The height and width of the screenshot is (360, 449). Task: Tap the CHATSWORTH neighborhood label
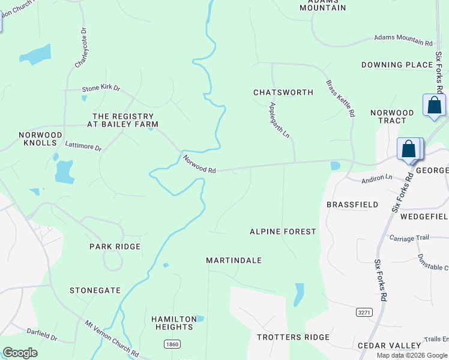(x=283, y=92)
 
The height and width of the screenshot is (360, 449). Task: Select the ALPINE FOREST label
(x=283, y=232)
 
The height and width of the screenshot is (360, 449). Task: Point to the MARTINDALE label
(x=234, y=260)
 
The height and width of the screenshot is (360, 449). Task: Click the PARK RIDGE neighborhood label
(x=115, y=247)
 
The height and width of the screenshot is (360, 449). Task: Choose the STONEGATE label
(x=95, y=290)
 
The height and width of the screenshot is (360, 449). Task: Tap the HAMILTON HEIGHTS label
(x=172, y=323)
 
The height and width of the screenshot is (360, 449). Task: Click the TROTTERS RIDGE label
(x=293, y=337)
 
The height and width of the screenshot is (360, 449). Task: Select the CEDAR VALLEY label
(x=389, y=346)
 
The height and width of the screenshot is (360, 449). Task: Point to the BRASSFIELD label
(x=352, y=205)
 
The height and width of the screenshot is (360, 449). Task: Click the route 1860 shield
(x=172, y=344)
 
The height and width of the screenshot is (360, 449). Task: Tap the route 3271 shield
(x=364, y=313)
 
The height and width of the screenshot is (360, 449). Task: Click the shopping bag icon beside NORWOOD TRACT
(x=434, y=106)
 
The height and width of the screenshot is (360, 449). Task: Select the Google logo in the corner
(x=20, y=353)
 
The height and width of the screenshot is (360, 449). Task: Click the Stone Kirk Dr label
(x=101, y=88)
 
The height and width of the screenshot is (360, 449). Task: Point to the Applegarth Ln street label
(x=280, y=120)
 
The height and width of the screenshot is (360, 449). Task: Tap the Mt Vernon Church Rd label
(x=112, y=338)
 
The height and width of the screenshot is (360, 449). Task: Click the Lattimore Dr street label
(x=83, y=146)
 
